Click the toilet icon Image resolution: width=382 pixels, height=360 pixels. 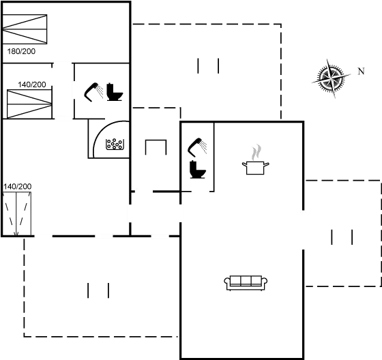(x=199, y=168)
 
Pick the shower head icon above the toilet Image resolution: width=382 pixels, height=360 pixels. (x=199, y=145)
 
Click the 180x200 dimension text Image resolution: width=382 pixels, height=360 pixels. (x=21, y=51)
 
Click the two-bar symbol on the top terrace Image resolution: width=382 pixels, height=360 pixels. (x=208, y=66)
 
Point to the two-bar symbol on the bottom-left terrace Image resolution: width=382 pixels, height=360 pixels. (x=98, y=291)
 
